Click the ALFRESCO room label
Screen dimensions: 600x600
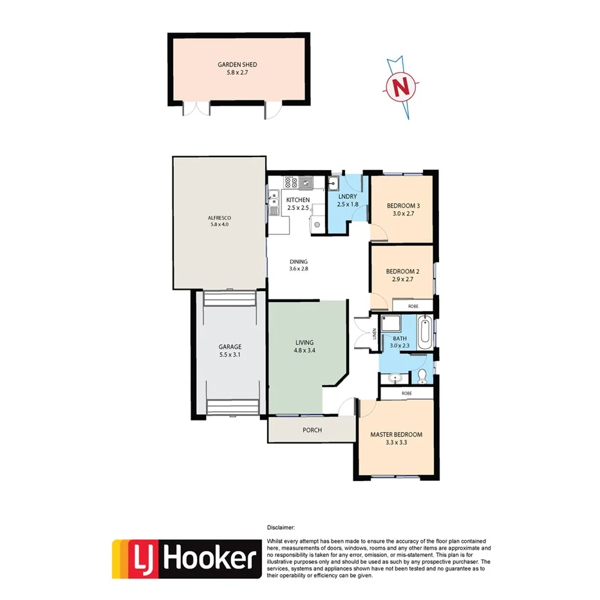[x=220, y=217]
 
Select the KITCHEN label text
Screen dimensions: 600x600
[x=298, y=200]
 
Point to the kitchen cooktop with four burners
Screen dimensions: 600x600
[x=290, y=183]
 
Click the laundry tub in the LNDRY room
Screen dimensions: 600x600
[x=334, y=183]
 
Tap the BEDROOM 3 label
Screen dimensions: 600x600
[x=403, y=206]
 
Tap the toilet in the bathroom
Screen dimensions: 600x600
[x=422, y=375]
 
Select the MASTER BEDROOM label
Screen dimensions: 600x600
[x=396, y=434]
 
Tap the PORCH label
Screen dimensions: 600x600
[x=311, y=430]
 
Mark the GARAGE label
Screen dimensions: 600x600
[x=230, y=346]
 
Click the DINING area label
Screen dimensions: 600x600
[x=299, y=261]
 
